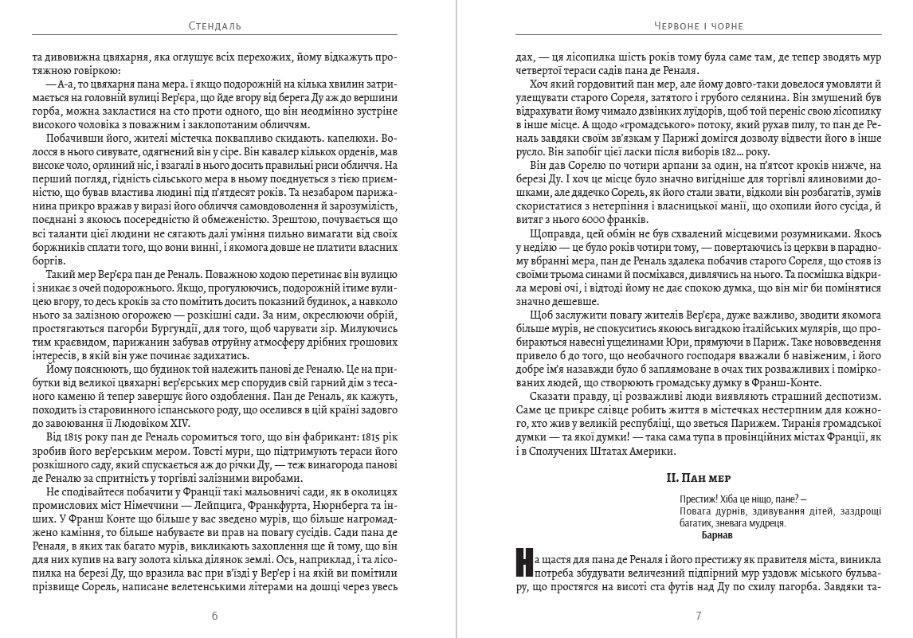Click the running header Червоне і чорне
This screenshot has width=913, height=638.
698,25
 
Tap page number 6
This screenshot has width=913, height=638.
216,616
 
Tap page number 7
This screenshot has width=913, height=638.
698,616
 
